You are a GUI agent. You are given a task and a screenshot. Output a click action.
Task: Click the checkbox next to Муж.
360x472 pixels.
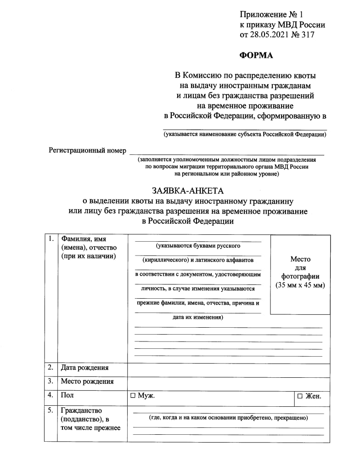(133, 396)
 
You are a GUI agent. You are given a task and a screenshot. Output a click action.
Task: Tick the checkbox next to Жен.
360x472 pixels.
(300, 396)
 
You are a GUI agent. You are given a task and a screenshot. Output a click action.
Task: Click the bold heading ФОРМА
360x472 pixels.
(256, 56)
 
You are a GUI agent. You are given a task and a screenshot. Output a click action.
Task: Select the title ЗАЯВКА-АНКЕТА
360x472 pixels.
(188, 191)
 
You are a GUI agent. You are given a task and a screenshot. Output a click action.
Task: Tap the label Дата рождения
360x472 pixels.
(84, 368)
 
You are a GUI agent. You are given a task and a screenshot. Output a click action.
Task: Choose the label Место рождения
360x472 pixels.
(87, 381)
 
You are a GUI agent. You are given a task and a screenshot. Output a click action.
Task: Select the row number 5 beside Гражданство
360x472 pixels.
(50, 410)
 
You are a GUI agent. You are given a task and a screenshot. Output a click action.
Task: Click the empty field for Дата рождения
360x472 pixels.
(228, 370)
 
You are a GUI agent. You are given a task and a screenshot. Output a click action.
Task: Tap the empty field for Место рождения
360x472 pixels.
(228, 384)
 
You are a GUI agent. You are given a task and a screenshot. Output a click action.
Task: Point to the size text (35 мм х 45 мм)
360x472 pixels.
(300, 285)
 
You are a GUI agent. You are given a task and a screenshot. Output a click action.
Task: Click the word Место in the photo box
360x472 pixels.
(300, 259)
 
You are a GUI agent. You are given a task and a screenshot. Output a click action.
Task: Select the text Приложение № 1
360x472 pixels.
(271, 16)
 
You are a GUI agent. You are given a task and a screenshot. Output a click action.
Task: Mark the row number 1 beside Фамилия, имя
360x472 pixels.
(50, 239)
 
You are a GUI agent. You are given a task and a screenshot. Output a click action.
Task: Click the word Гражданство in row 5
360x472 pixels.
(81, 410)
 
